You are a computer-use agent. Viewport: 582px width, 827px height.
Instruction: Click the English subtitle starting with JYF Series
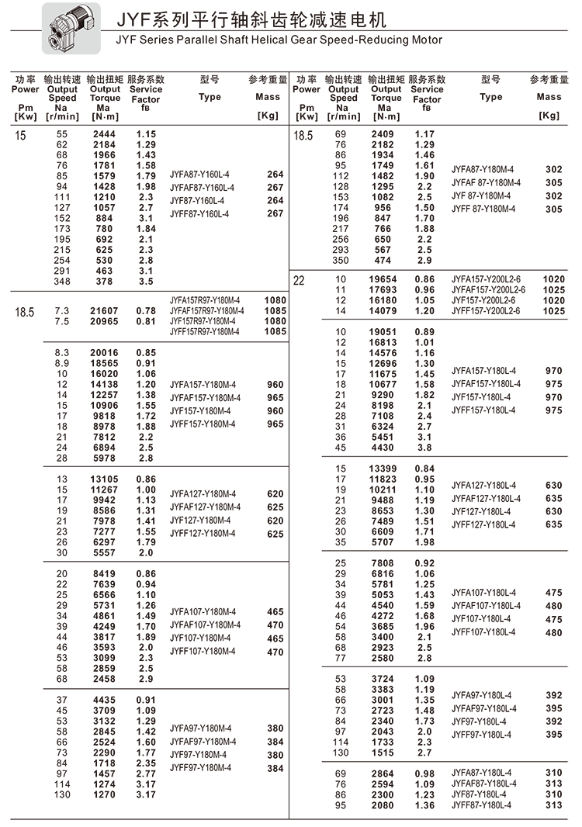pyautogui.click(x=278, y=40)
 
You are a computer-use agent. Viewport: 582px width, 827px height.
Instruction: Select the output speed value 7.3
pyautogui.click(x=63, y=310)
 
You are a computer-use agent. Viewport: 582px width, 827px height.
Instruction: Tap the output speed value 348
pyautogui.click(x=62, y=281)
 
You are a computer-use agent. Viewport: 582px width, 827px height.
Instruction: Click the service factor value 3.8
pyautogui.click(x=424, y=447)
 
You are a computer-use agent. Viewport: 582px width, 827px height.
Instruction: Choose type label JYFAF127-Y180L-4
pyautogui.click(x=487, y=499)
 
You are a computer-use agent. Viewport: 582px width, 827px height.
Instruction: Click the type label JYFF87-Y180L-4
pyautogui.click(x=482, y=805)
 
